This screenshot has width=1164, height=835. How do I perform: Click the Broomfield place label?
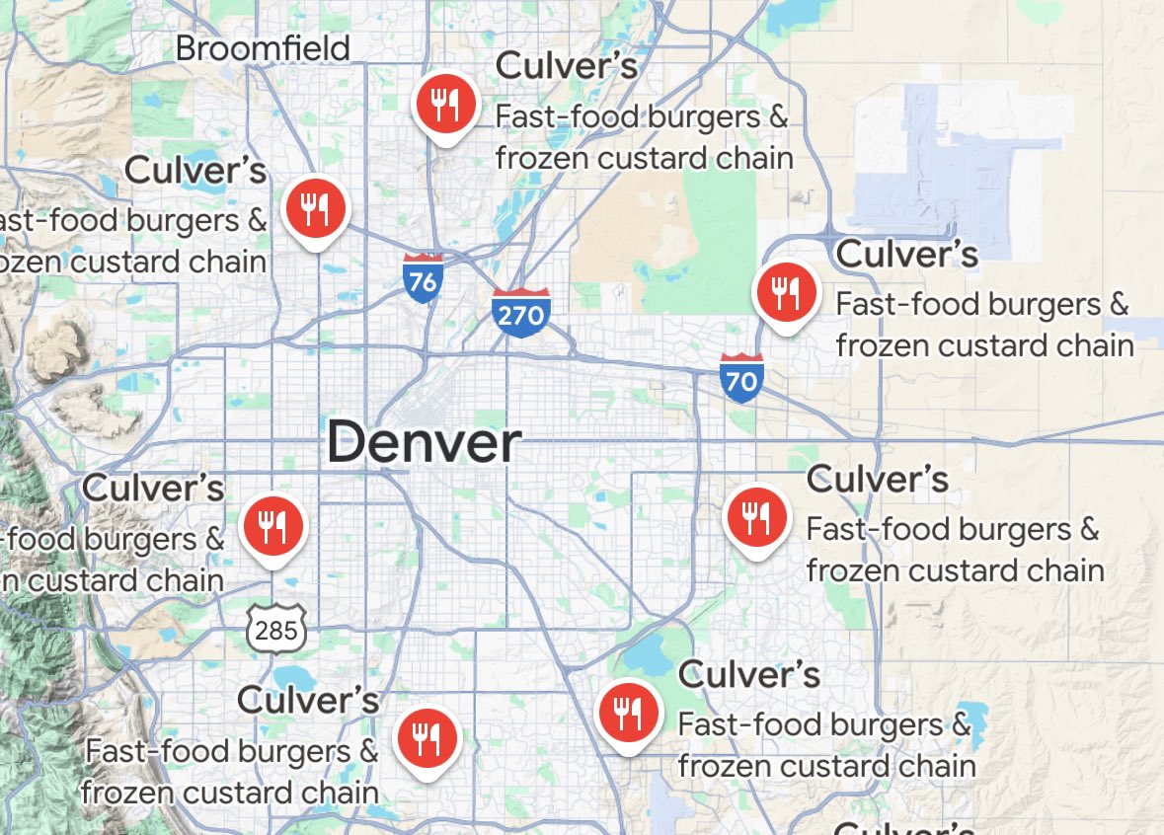pyautogui.click(x=263, y=47)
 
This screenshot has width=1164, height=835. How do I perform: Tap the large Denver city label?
pyautogui.click(x=424, y=442)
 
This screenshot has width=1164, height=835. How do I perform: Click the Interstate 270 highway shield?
pyautogui.click(x=520, y=312)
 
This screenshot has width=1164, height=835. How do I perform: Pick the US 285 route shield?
pyautogui.click(x=276, y=627)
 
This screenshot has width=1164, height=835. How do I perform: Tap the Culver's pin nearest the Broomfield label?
pyautogui.click(x=446, y=104)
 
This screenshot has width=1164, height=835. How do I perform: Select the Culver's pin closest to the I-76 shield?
pyautogui.click(x=315, y=208)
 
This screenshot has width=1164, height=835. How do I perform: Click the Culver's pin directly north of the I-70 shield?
pyautogui.click(x=785, y=292)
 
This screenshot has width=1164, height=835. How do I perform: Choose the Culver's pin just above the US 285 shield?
pyautogui.click(x=274, y=524)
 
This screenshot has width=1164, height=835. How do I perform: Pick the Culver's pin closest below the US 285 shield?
pyautogui.click(x=426, y=736)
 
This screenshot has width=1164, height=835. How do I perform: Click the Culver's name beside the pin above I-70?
pyautogui.click(x=906, y=254)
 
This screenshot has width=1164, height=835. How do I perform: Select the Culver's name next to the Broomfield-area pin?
pyautogui.click(x=567, y=66)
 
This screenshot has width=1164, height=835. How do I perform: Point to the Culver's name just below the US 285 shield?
pyautogui.click(x=308, y=700)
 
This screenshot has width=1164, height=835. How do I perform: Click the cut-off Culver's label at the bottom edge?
pyautogui.click(x=904, y=827)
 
